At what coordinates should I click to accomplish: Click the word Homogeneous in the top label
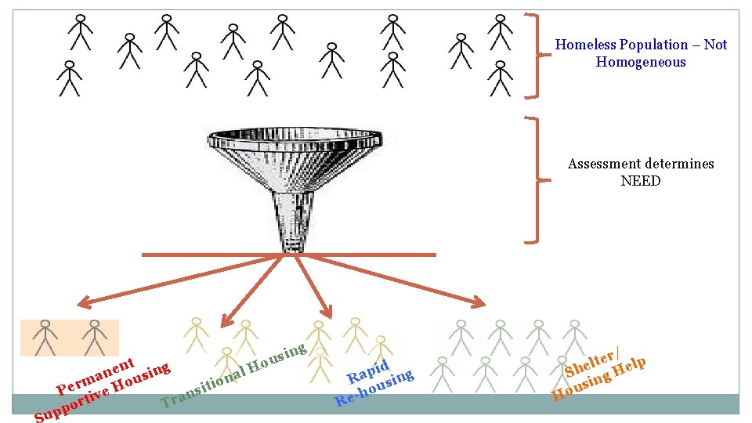640,62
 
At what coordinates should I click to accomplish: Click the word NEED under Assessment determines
640,181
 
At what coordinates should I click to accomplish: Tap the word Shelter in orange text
590,363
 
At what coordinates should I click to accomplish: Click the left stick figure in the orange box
46,337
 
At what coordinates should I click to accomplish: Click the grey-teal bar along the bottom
376,403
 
